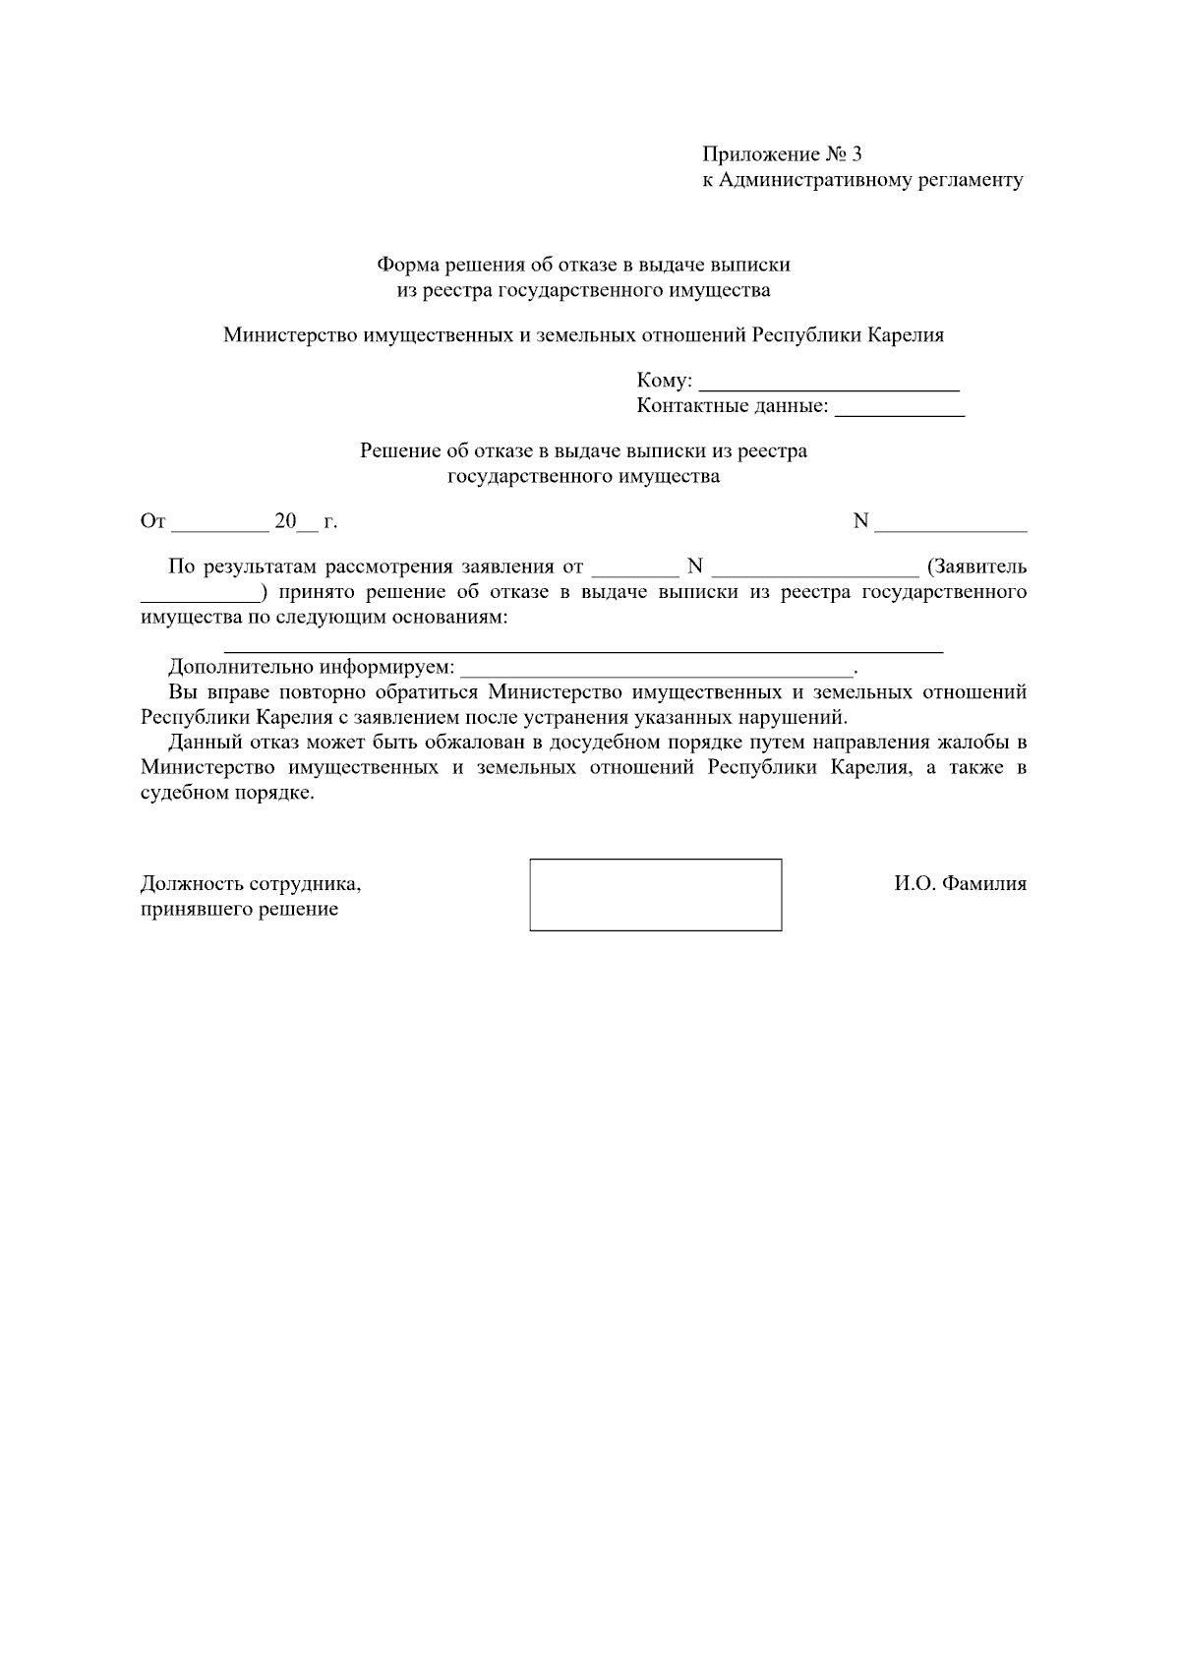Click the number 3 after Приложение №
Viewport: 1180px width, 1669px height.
point(856,154)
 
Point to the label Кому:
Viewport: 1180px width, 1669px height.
point(665,381)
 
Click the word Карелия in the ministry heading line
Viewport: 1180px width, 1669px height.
point(905,335)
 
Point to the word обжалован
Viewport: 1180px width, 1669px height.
point(479,743)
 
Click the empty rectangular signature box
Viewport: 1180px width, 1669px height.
point(655,894)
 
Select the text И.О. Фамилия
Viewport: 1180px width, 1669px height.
point(960,884)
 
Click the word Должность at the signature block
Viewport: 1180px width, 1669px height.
point(192,884)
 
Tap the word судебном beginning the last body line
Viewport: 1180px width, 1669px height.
point(184,794)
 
